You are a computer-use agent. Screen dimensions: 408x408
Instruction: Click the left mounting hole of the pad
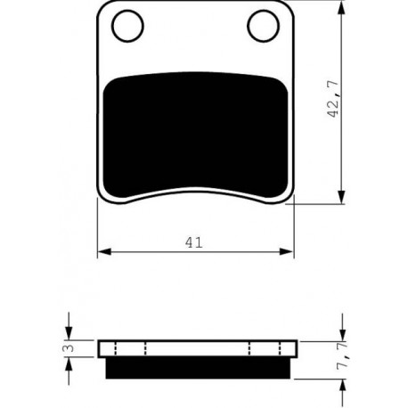tap(127, 26)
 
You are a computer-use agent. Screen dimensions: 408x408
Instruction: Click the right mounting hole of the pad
tap(263, 26)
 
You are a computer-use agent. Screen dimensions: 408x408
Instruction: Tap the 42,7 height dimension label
tap(333, 99)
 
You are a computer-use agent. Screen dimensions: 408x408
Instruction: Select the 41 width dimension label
tap(193, 242)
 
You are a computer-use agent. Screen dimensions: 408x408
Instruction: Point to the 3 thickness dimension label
tap(69, 347)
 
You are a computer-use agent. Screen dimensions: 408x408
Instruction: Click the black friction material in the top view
tap(195, 135)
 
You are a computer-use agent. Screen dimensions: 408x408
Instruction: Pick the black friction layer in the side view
tap(198, 368)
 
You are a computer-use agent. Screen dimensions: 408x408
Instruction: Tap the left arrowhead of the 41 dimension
tap(104, 252)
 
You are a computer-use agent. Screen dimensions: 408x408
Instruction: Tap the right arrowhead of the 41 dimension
tap(287, 252)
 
